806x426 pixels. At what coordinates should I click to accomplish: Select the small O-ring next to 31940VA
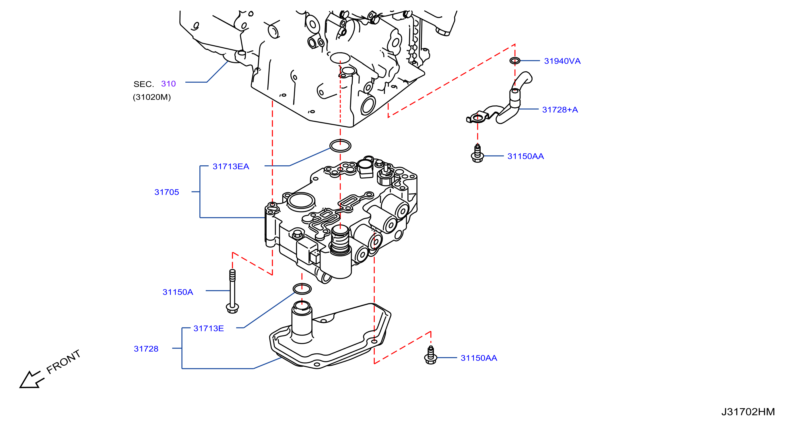(x=515, y=60)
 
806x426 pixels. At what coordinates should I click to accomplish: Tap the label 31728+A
(x=560, y=110)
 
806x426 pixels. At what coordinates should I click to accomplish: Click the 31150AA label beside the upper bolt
(x=525, y=156)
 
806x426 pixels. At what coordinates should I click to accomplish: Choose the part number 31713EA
(x=231, y=166)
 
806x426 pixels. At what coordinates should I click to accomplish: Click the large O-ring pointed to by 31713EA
(x=340, y=146)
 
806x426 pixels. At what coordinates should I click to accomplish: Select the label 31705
(x=166, y=192)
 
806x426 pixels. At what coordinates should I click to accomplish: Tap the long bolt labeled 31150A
(x=232, y=291)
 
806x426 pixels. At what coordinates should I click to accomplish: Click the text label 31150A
(x=178, y=292)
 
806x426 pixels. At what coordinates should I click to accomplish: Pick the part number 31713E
(x=208, y=328)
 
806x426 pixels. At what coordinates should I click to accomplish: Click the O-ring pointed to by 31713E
(x=302, y=288)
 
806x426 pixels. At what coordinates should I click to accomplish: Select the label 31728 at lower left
(x=146, y=349)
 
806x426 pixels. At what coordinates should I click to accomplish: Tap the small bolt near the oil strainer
(x=430, y=355)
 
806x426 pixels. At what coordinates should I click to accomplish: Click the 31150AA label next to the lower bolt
(x=479, y=358)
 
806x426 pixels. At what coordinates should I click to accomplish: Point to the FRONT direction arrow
(x=32, y=380)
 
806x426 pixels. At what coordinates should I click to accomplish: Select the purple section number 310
(x=168, y=84)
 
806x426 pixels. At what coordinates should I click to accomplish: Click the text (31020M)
(x=152, y=97)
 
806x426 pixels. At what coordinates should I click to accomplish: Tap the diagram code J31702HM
(x=748, y=412)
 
